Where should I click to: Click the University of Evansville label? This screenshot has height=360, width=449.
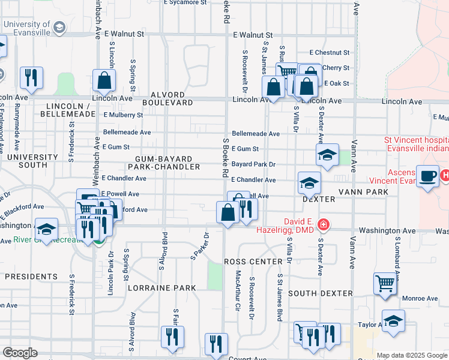(x=26, y=24)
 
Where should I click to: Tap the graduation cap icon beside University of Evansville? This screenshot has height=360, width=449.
(x=59, y=27)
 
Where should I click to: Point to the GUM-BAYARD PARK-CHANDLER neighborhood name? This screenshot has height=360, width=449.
(x=163, y=163)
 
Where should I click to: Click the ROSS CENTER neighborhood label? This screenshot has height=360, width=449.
(x=253, y=262)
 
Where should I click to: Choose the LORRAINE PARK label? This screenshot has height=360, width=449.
(x=162, y=288)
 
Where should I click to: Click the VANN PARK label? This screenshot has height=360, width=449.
(x=363, y=192)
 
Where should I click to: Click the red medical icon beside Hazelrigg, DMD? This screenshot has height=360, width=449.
(x=324, y=225)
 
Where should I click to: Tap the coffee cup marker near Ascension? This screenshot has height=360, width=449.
(x=427, y=176)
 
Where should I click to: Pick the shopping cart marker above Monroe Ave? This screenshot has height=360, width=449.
(x=384, y=283)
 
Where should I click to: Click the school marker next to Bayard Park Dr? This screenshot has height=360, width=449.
(x=327, y=155)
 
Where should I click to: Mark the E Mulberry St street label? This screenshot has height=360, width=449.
(x=123, y=115)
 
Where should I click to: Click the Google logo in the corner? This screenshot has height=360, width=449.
(x=20, y=353)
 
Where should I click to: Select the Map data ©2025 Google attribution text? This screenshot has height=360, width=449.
(x=412, y=355)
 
